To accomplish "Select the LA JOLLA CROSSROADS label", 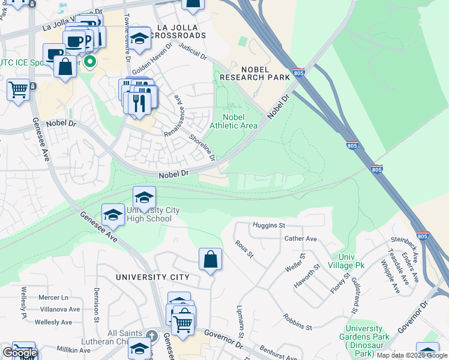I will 181,32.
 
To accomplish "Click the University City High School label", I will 149,214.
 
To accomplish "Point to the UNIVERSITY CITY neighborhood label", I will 153,277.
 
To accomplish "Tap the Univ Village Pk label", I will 347,260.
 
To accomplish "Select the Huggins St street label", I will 268,226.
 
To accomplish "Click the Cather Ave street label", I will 300,238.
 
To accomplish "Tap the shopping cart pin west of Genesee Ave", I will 19,90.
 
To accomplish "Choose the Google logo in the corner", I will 19,353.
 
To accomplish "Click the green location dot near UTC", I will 91,61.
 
